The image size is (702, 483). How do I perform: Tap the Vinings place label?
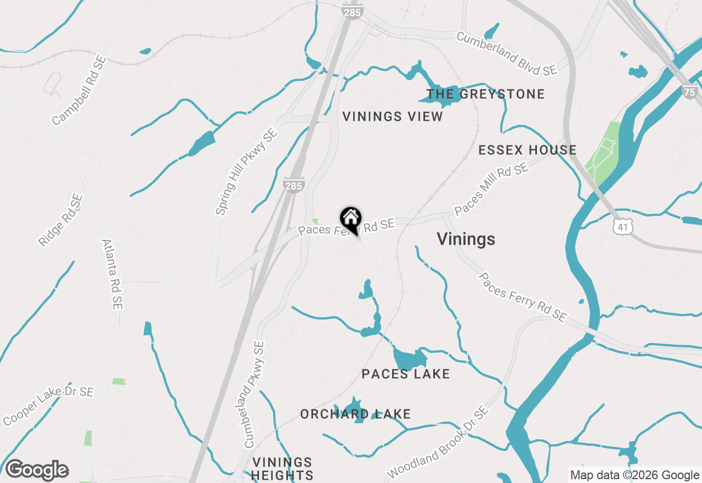[x=466, y=239]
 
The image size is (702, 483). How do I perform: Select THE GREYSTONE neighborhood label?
[x=486, y=94]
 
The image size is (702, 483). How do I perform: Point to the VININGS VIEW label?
[x=393, y=116]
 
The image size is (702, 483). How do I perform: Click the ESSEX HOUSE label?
[x=528, y=150]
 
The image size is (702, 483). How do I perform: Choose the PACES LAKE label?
[x=406, y=374]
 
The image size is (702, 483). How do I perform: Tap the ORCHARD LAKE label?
[x=355, y=414]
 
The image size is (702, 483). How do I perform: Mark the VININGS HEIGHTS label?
[x=283, y=469]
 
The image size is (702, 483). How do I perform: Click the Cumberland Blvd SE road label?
[x=506, y=54]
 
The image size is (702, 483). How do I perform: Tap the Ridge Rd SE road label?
[x=61, y=220]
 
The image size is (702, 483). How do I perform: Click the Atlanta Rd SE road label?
[x=112, y=274]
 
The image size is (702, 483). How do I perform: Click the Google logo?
[x=37, y=470]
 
